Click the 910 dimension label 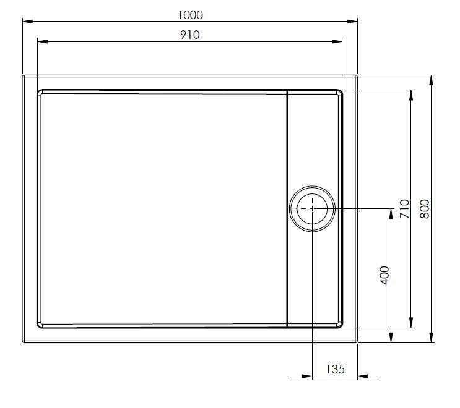[x=190, y=35]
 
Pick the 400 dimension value [x=384, y=274]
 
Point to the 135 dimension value [x=335, y=369]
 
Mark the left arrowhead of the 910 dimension [x=42, y=41]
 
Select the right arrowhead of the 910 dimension [x=338, y=41]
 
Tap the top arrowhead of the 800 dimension [x=431, y=80]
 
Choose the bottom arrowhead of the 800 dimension [x=431, y=338]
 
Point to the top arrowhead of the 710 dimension [x=410, y=94]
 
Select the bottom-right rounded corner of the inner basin [x=340, y=325]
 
